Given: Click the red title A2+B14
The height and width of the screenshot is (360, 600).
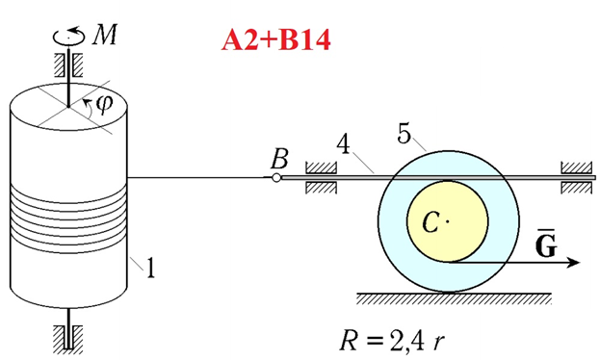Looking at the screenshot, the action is [x=275, y=39].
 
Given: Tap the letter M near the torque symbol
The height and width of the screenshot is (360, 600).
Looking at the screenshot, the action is [x=105, y=35].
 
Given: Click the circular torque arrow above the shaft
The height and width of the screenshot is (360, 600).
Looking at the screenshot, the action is [x=69, y=36].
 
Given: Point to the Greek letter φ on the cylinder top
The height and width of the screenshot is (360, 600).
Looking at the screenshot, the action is [x=104, y=104].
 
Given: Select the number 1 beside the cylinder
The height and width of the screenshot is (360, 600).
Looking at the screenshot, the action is [x=150, y=268].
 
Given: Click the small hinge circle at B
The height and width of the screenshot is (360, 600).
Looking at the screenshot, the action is [x=276, y=178].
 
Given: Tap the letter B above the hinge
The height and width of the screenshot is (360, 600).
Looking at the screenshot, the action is [x=279, y=159].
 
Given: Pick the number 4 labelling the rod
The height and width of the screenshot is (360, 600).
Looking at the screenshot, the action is [x=343, y=144].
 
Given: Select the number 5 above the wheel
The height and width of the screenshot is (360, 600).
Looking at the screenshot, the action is [x=404, y=134].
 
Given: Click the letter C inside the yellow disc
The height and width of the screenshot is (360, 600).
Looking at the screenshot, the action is [x=430, y=221].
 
